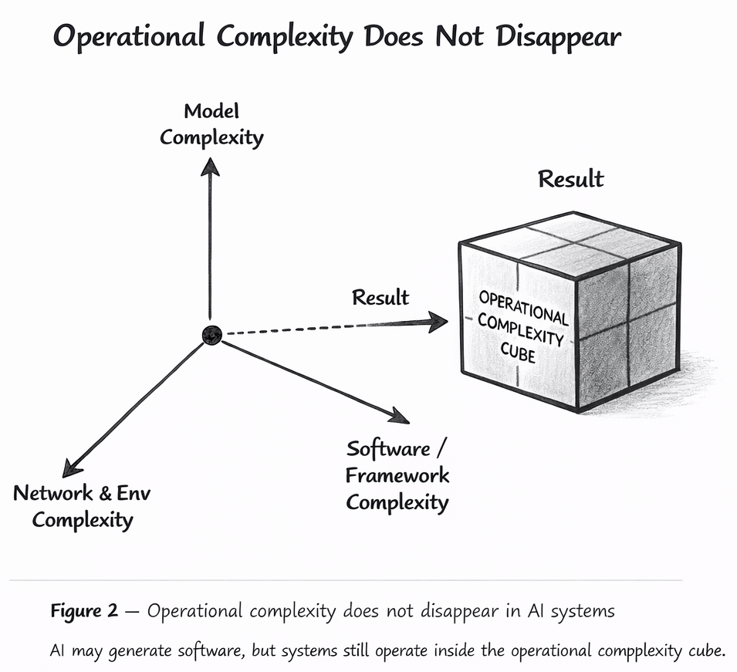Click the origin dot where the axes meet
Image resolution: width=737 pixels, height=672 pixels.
pos(211,334)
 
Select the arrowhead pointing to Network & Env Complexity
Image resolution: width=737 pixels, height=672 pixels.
pos(73,465)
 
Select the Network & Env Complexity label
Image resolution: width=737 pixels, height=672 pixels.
pos(83,506)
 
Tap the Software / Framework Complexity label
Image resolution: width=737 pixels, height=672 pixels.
pos(397,475)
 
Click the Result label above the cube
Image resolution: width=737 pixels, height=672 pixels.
pos(570,179)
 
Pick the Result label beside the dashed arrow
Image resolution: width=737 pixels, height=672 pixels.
pos(380,297)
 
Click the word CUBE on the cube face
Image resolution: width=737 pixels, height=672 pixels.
pos(519,356)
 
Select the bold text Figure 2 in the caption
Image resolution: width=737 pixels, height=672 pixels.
pos(84,611)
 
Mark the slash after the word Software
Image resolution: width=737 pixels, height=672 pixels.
pos(442,448)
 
